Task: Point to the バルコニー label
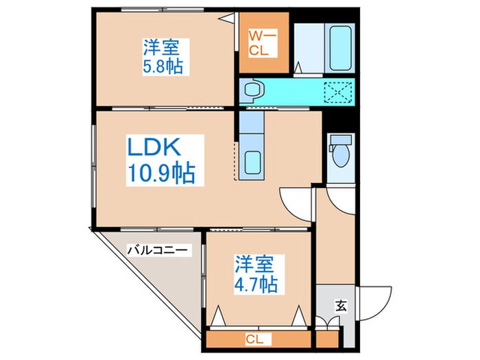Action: (x=156, y=251)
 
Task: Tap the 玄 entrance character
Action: (x=340, y=307)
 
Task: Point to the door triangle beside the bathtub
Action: (x=299, y=67)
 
